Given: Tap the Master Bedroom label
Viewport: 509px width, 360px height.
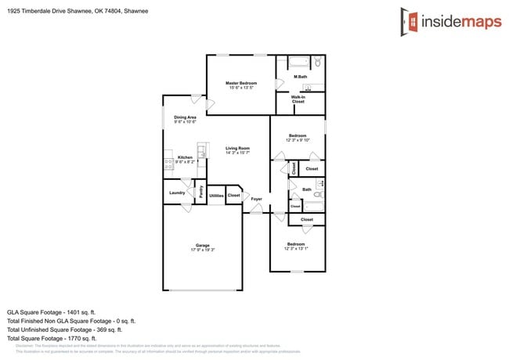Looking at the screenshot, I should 241,83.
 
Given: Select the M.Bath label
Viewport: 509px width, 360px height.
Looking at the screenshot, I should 300,77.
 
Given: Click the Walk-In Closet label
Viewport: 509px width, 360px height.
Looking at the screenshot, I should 298,99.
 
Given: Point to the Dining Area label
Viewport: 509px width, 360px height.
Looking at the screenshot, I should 185,117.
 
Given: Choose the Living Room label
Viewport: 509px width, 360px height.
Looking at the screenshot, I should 237,148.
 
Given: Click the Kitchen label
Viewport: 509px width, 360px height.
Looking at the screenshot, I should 185,157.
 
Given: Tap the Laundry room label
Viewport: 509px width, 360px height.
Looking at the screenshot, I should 176,192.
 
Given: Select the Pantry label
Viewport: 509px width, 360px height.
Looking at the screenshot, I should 201,191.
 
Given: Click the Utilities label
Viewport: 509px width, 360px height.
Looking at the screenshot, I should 216,196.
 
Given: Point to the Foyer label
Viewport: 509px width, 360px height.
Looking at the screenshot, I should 256,199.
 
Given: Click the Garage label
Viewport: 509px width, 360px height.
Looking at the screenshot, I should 202,245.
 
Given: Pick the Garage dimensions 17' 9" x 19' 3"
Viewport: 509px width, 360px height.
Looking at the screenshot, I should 202,250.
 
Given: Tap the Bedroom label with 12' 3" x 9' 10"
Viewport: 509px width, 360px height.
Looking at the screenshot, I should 298,136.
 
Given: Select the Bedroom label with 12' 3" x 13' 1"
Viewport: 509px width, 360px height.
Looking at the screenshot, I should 297,244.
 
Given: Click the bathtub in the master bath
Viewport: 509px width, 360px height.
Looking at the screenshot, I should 299,62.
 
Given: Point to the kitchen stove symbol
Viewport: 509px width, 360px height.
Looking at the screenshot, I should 168,164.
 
